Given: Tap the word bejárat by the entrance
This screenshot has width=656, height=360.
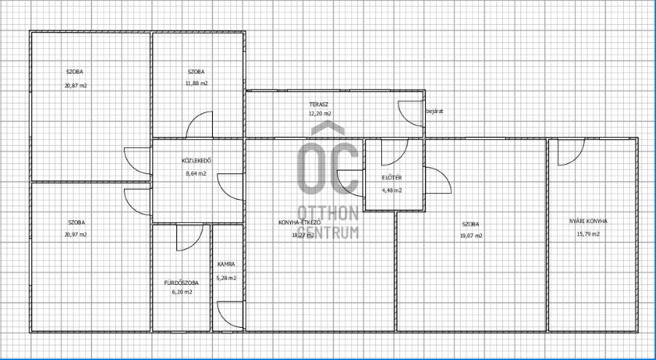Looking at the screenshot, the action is tap(434, 111).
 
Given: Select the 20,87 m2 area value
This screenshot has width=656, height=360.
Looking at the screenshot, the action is tap(76, 86).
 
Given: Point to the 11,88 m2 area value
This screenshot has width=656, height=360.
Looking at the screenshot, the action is tap(196, 83).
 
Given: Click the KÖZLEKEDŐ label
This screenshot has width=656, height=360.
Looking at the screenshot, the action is tap(196, 160).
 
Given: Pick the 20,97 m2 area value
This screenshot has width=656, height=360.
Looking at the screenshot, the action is tap(76, 235).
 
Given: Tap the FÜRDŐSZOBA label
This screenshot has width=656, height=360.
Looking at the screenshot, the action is tap(181, 283).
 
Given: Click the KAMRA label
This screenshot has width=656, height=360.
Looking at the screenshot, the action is tap(226, 265).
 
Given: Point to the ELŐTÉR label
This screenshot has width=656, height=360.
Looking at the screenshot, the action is tap(392, 178).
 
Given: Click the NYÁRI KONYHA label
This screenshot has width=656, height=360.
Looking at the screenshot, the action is tap(588, 222).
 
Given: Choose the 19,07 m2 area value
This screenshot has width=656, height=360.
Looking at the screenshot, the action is tap(471, 236).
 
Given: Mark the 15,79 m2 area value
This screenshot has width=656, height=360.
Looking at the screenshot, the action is tap(588, 234).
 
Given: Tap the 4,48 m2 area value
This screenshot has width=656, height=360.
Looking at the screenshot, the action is tap(392, 190).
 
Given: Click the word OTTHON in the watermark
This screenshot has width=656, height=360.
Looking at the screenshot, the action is tap(328, 214).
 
